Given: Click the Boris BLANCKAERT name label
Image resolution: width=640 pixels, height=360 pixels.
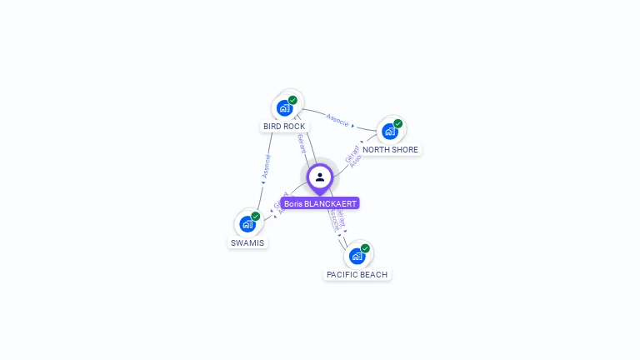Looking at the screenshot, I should [320, 203].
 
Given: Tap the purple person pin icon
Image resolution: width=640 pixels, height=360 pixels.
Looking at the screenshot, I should [320, 177].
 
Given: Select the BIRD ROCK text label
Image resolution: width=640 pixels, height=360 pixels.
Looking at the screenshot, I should [284, 127].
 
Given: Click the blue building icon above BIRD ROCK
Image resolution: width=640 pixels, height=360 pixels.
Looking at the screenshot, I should [285, 107].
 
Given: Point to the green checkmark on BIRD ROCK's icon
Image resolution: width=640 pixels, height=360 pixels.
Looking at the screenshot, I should [292, 100].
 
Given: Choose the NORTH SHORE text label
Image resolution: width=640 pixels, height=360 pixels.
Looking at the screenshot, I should [390, 150].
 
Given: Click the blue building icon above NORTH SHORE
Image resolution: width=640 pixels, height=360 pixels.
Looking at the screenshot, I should [389, 131].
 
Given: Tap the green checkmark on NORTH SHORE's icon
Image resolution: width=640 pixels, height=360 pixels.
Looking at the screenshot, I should [397, 123].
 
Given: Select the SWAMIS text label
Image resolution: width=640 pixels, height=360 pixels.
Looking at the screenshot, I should [247, 243].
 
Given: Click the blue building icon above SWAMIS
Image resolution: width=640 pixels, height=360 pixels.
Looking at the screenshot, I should [247, 224].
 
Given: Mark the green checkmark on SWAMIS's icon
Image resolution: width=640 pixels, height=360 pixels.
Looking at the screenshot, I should [255, 217].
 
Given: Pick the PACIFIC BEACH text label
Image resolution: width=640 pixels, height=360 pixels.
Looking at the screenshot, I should [357, 274].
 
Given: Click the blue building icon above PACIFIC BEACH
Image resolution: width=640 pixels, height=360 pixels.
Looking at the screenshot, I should [357, 256].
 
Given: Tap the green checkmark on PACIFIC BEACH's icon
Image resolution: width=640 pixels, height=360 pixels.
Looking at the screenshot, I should [365, 248].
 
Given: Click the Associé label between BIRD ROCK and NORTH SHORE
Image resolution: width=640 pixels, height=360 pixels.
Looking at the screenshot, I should [337, 119].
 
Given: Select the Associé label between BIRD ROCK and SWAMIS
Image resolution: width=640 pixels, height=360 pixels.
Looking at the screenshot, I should [266, 167].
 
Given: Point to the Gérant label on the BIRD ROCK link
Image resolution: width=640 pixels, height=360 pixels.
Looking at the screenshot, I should [301, 143].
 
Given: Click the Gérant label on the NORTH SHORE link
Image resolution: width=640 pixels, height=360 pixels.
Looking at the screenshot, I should [351, 152].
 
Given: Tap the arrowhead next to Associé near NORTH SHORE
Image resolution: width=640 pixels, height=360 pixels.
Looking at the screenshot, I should [352, 126].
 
